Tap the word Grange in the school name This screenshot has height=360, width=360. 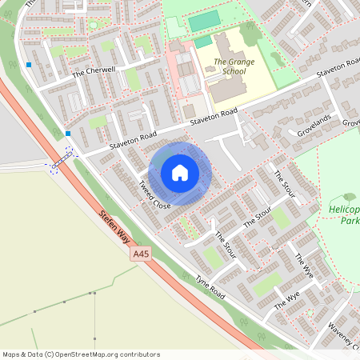(230, 62)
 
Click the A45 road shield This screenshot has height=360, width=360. (141, 254)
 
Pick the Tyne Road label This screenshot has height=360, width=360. (210, 288)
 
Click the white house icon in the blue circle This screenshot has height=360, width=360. (180, 173)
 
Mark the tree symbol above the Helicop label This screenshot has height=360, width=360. (349, 197)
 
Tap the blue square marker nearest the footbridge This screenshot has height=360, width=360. (68, 134)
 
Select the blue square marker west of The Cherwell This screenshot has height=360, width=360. (29, 64)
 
